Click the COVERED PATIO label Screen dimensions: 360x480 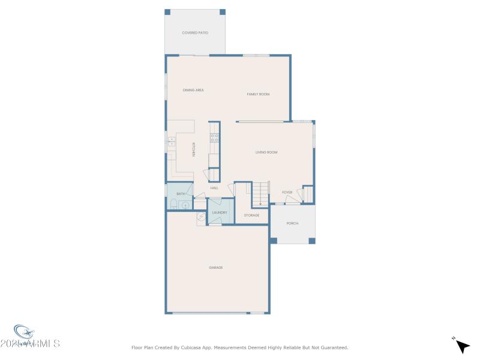coord(195,32)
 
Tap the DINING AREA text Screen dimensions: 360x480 coord(193,90)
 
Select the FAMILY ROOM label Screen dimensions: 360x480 coord(258,94)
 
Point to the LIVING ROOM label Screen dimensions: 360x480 coord(266,152)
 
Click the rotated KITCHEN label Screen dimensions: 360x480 coord(194,149)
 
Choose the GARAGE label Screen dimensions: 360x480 coord(215,268)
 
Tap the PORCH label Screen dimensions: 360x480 coord(292,223)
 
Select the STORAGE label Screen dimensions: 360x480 coord(251,215)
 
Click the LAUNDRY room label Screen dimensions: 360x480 coord(220,212)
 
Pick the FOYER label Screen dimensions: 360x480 coord(287,192)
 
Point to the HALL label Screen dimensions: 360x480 coord(214,188)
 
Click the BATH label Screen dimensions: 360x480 coord(181,194)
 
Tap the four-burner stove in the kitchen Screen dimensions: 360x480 coord(214,137)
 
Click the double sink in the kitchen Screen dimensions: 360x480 coord(171,142)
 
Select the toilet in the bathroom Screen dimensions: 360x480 coord(172,205)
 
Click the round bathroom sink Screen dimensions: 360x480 coord(186,205)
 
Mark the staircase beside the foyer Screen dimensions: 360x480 coord(260,194)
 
